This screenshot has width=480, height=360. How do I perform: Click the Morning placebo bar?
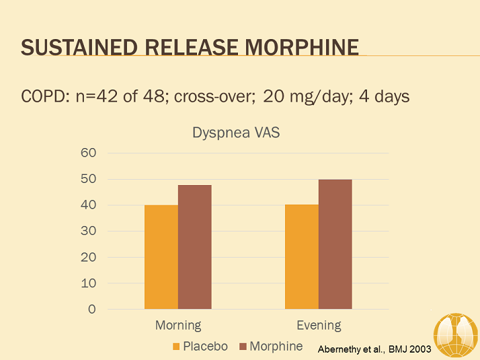[x=161, y=257]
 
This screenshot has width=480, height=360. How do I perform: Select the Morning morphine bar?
[x=195, y=247]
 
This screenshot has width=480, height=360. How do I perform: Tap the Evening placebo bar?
[x=302, y=256]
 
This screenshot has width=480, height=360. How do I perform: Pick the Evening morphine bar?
[x=335, y=244]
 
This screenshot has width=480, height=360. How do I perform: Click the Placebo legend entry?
[x=200, y=347]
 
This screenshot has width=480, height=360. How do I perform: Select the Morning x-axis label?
[x=178, y=326]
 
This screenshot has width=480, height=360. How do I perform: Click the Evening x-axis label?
[x=319, y=326]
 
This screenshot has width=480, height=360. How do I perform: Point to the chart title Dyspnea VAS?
[x=236, y=133]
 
